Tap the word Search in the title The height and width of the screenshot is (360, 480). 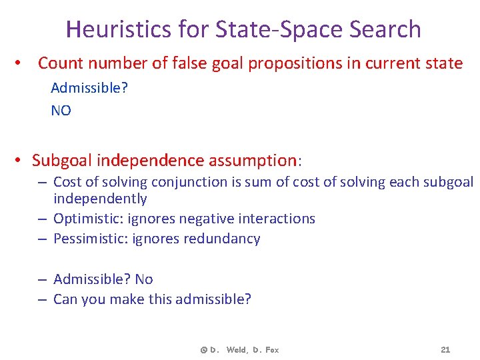click(385, 29)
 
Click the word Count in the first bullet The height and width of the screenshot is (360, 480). click(59, 63)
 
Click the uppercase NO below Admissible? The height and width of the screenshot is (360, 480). click(61, 111)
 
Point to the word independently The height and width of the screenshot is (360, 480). click(100, 199)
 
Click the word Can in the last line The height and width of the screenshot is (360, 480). click(65, 299)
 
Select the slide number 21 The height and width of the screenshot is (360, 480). click(446, 349)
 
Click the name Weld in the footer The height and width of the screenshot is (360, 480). click(235, 350)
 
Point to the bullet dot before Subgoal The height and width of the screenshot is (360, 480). click(20, 161)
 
